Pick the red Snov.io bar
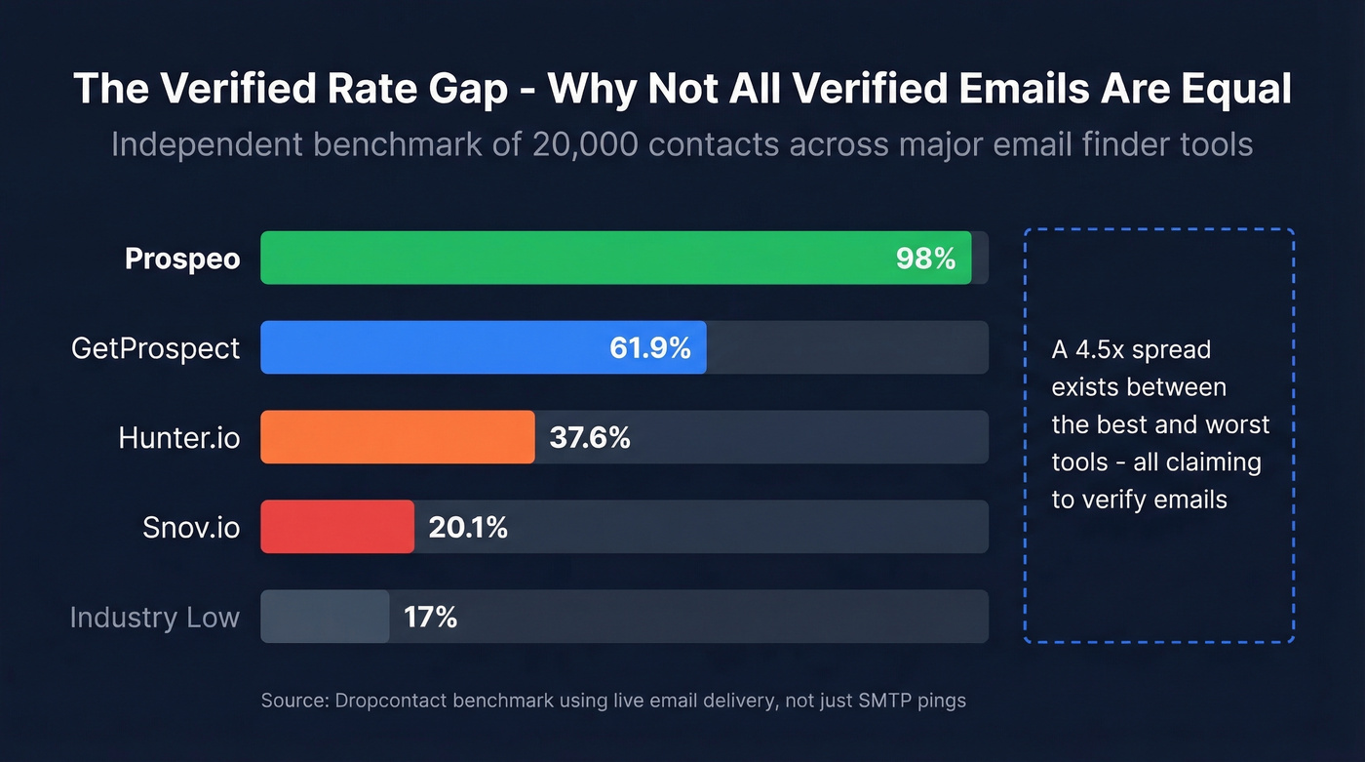336,527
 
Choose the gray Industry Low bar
325,617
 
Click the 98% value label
925,259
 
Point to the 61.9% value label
650,348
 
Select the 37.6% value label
590,438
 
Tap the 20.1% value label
468,528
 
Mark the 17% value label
430,618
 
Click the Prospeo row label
182,260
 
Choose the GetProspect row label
156,348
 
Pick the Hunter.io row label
179,438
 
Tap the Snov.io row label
191,528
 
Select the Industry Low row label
155,618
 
